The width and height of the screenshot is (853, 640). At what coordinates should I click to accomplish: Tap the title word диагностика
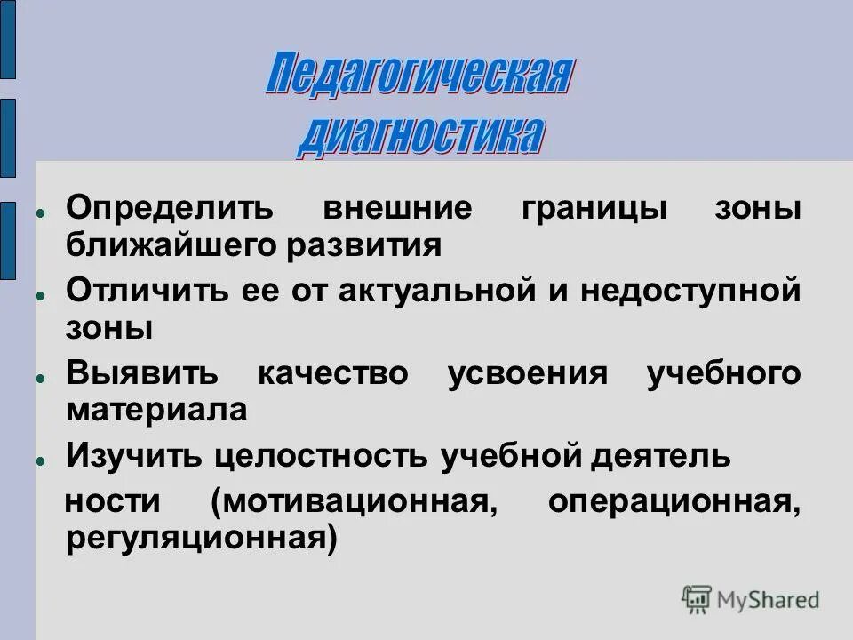pos(419,136)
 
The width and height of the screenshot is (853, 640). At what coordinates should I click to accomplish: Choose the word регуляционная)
pos(202,539)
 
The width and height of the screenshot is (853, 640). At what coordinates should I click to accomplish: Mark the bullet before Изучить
pos(41,461)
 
